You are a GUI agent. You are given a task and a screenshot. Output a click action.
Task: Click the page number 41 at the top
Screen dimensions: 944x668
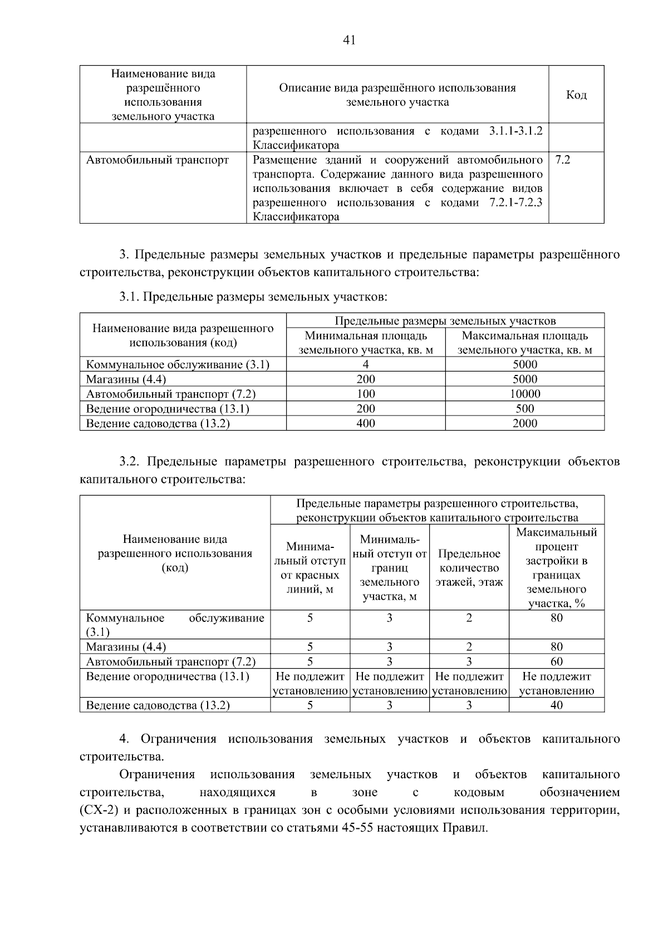[x=350, y=40]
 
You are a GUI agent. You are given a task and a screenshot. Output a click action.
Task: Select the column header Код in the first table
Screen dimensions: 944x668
[x=576, y=95]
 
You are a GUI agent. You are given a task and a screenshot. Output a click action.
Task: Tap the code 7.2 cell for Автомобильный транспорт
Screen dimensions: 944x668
[x=563, y=160]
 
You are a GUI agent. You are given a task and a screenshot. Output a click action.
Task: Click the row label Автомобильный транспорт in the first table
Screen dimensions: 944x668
[x=158, y=160]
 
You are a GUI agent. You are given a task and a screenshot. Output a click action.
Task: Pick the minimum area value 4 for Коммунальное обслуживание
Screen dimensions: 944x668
[x=365, y=365]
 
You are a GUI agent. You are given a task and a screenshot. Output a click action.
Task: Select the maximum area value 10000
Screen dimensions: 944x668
[x=524, y=394]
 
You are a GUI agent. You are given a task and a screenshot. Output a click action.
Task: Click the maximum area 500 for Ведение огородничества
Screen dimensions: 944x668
[x=524, y=409]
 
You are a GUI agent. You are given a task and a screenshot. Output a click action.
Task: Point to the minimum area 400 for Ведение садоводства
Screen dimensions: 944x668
[x=365, y=423]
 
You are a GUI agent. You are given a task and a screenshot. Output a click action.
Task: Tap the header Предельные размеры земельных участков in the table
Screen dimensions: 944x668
[x=445, y=321]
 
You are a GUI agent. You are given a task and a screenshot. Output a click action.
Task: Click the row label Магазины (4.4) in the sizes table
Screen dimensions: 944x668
[x=126, y=379]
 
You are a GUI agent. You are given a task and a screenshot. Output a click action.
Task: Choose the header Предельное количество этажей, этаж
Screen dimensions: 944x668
[x=469, y=568]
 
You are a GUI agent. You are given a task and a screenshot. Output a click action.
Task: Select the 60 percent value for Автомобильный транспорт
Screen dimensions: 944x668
[x=556, y=661]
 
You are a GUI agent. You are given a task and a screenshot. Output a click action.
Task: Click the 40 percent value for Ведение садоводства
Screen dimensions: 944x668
[x=556, y=705]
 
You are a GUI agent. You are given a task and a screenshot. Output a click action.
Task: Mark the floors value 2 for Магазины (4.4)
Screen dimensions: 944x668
[x=469, y=647]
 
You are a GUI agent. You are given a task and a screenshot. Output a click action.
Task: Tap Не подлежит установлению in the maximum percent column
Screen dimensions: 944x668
[x=556, y=684]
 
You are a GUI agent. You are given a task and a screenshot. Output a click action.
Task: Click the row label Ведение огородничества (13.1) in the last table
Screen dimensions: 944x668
[x=168, y=676]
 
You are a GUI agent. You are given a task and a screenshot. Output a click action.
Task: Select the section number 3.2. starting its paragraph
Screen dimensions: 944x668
[x=131, y=462]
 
